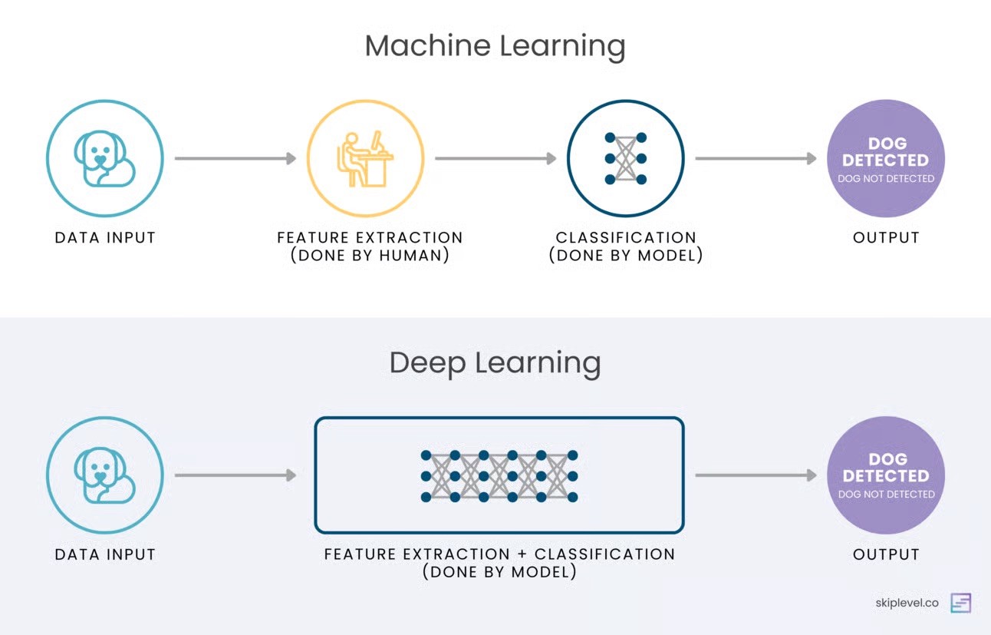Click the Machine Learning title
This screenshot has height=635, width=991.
pyautogui.click(x=495, y=46)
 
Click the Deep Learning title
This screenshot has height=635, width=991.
pyautogui.click(x=495, y=362)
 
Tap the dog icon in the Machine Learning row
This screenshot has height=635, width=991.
pyautogui.click(x=104, y=159)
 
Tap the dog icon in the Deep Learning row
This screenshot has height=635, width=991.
pyautogui.click(x=104, y=476)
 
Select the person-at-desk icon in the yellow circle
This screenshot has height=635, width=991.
pyautogui.click(x=365, y=159)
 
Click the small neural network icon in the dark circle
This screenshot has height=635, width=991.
pyautogui.click(x=626, y=159)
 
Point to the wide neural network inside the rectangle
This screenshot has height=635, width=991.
pyautogui.click(x=499, y=476)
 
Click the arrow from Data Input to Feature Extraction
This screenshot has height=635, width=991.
pyautogui.click(x=235, y=159)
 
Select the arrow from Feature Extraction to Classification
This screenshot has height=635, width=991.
pyautogui.click(x=495, y=159)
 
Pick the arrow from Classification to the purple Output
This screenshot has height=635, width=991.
pyautogui.click(x=756, y=159)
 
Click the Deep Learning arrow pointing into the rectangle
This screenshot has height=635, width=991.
pyautogui.click(x=235, y=476)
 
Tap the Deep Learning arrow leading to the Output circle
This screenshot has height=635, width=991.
pyautogui.click(x=756, y=476)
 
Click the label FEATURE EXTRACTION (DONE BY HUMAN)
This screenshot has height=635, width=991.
pyautogui.click(x=370, y=246)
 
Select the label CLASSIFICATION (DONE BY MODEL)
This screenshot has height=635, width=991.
pyautogui.click(x=626, y=246)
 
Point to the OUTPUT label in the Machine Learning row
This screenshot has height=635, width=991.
pyautogui.click(x=886, y=238)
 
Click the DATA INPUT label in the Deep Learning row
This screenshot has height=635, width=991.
pyautogui.click(x=105, y=554)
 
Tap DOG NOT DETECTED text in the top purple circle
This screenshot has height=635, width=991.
pyautogui.click(x=886, y=179)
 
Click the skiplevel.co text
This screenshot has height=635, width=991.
pyautogui.click(x=907, y=603)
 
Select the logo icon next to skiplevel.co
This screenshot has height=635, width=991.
pyautogui.click(x=960, y=603)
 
